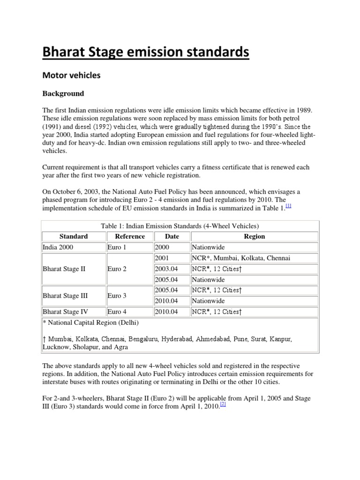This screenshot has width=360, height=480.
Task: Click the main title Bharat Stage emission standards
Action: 146,52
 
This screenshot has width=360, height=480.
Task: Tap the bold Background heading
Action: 63,93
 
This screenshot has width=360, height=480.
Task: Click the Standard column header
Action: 74,236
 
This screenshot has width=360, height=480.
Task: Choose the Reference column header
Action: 130,236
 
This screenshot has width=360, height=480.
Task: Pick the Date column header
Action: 172,236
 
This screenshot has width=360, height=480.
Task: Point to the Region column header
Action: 255,236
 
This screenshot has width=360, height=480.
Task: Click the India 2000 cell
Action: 58,247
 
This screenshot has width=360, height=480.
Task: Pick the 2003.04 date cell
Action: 167,269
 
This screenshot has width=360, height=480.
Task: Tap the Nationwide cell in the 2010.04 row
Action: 209,301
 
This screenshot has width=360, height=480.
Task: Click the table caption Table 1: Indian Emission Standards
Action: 180,226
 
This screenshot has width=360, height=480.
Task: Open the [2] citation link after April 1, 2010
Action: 223,405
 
